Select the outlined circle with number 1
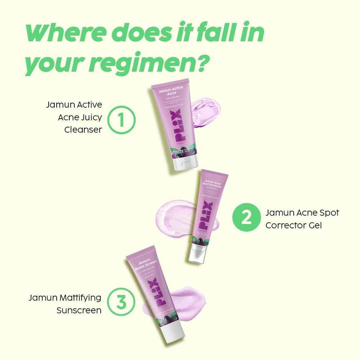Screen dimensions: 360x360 (121, 119)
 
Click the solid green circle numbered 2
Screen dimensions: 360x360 (246, 219)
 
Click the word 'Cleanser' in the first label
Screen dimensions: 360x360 (83, 129)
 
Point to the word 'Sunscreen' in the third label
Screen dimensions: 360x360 (79, 310)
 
